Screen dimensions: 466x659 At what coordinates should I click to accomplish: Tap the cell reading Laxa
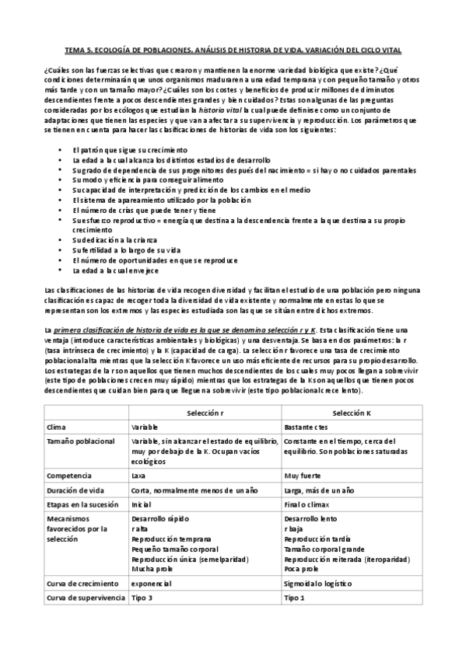pos(139,475)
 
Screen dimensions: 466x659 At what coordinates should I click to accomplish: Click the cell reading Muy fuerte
pos(303,475)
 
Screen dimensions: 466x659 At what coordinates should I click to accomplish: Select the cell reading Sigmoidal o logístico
pos(318,583)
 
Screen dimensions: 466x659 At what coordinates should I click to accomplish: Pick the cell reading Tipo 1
pos(294,598)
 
